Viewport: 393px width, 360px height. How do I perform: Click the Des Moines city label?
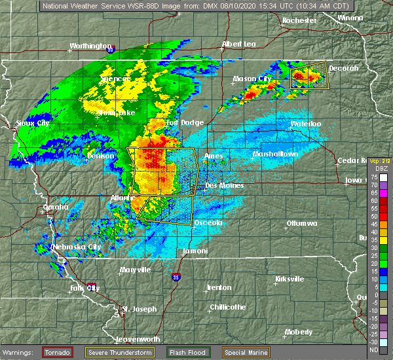click(x=225, y=185)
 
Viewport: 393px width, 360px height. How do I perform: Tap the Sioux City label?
click(x=32, y=122)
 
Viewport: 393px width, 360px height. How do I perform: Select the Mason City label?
click(x=252, y=79)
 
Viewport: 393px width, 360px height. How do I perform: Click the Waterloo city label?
click(x=305, y=124)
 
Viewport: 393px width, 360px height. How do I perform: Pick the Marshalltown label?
click(x=275, y=154)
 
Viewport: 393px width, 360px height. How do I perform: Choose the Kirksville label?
click(x=289, y=279)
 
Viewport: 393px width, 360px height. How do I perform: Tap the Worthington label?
click(x=90, y=46)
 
